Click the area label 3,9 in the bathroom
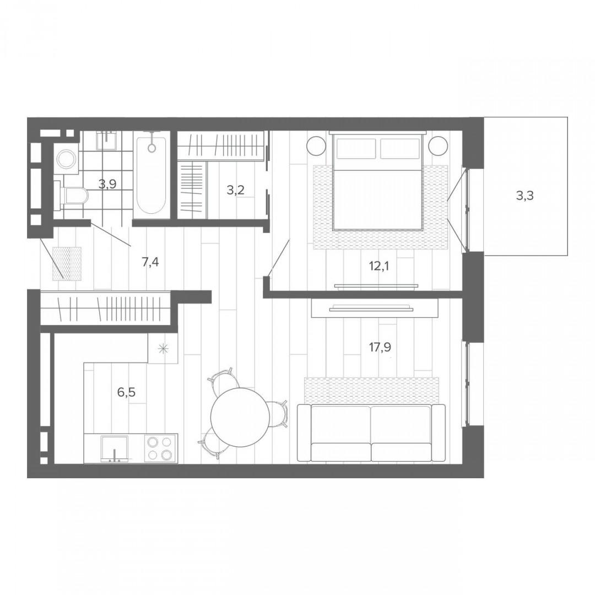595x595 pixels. tap(107, 185)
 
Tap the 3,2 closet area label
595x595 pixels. tap(235, 190)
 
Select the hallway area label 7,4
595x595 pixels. tap(150, 262)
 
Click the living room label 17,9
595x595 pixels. tap(380, 347)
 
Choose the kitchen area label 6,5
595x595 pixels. tap(126, 392)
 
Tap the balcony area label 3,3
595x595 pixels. tap(525, 196)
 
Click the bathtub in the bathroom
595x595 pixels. tap(152, 175)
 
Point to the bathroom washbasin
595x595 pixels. tap(109, 140)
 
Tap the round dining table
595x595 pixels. tap(240, 418)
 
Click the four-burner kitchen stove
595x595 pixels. tap(161, 448)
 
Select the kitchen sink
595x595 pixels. tap(114, 449)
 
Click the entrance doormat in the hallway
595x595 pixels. tap(67, 264)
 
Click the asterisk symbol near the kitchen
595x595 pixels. tap(163, 349)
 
